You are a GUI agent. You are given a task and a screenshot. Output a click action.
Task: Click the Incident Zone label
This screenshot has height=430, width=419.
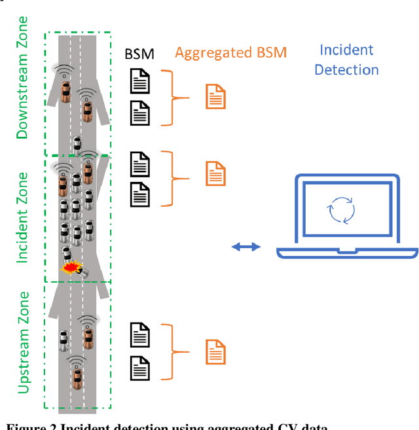(22, 218)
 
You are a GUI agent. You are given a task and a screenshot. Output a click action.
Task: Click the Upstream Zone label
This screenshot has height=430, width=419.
(23, 342)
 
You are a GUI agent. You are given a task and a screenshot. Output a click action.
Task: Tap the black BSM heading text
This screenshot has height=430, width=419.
(139, 54)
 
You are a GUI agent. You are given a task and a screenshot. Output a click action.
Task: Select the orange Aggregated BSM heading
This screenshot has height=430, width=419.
(231, 52)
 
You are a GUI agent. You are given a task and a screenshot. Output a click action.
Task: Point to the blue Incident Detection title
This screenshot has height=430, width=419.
(346, 60)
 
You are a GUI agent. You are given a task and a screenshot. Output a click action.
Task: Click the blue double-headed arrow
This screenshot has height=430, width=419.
(247, 246)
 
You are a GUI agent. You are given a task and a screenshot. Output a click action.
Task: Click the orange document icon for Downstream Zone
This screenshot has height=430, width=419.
(216, 97)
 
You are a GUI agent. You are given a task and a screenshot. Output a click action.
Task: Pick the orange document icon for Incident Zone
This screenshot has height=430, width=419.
(216, 173)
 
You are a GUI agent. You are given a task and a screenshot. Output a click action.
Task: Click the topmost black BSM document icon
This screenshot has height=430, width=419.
(140, 82)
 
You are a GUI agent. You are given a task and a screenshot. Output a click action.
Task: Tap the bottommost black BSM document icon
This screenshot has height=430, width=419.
(140, 366)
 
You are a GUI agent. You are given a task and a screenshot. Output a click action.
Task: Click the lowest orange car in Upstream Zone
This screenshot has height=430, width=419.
(78, 376)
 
